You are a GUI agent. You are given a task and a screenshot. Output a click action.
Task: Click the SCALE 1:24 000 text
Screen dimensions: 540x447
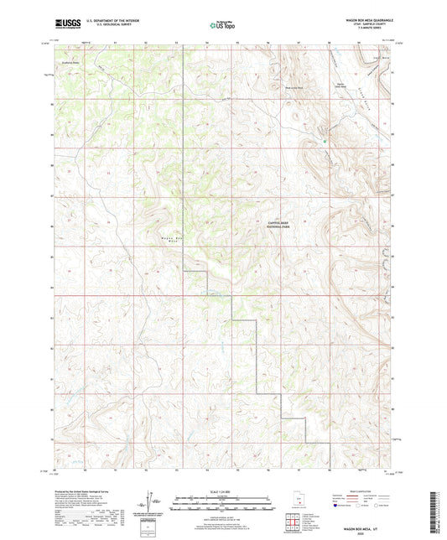223,490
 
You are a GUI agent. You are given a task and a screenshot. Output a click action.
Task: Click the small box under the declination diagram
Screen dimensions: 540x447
148,524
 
